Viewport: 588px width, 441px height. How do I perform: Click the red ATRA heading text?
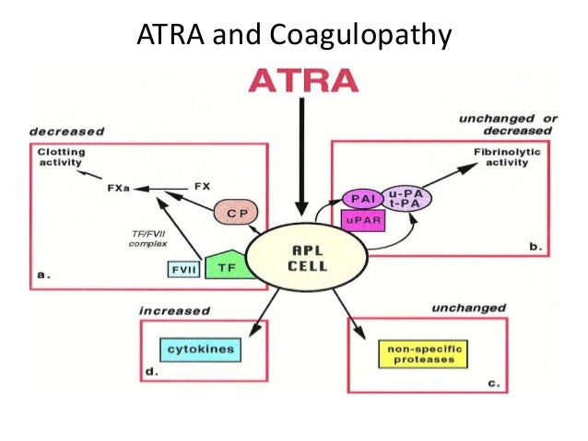click(x=302, y=80)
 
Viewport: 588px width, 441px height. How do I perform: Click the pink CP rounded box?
click(x=236, y=215)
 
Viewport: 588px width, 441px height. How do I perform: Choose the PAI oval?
click(x=360, y=197)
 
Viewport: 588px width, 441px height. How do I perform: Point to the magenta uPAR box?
click(x=363, y=221)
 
